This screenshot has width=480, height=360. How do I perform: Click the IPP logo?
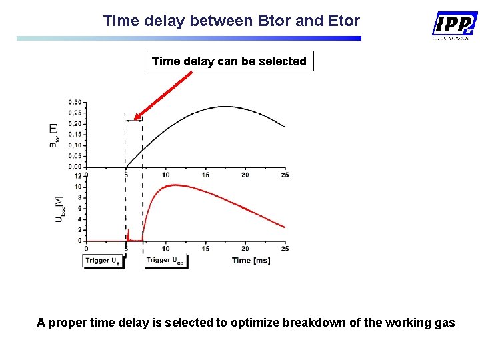pyautogui.click(x=453, y=25)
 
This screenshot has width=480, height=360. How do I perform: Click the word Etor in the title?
pyautogui.click(x=344, y=21)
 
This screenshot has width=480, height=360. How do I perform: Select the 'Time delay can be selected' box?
pyautogui.click(x=229, y=61)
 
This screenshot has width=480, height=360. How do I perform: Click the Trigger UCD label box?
pyautogui.click(x=165, y=261)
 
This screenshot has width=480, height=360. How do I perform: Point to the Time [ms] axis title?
pyautogui.click(x=251, y=261)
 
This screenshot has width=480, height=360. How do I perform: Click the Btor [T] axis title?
pyautogui.click(x=54, y=134)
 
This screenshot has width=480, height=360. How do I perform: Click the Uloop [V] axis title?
pyautogui.click(x=59, y=208)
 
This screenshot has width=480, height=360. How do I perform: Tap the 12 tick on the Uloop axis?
pyautogui.click(x=77, y=176)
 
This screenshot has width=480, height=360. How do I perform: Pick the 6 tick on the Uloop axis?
pyautogui.click(x=79, y=209)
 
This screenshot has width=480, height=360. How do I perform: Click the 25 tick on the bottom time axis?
pyautogui.click(x=285, y=249)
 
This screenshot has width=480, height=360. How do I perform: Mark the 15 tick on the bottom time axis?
pyautogui.click(x=205, y=249)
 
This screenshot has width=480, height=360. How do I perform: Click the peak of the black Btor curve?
pyautogui.click(x=225, y=107)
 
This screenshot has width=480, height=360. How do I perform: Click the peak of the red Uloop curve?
pyautogui.click(x=175, y=185)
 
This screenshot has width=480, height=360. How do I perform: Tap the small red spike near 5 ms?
pyautogui.click(x=128, y=233)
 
